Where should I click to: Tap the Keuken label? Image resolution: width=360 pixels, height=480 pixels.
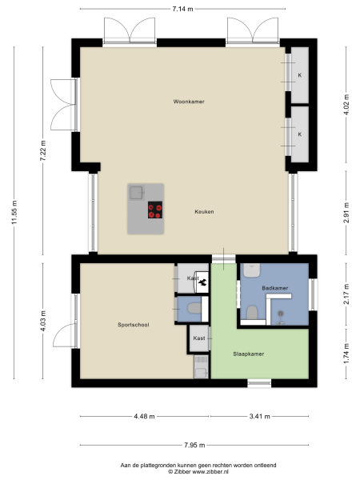pos(203,212)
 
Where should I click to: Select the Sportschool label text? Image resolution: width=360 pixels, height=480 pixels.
pos(133,325)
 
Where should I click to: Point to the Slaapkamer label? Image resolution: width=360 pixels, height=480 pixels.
pos(248,353)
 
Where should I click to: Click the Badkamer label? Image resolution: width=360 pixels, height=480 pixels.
pos(274,286)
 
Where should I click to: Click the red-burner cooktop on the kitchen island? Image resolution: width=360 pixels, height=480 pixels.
pos(155,210)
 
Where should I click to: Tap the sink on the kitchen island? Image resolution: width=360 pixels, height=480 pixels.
pos(137,192)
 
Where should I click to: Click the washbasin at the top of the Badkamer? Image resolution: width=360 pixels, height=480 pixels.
pos(254,270)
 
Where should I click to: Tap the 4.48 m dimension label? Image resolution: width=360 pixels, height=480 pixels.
pos(145,416)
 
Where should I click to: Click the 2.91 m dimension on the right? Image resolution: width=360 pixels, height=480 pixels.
pos(346,213)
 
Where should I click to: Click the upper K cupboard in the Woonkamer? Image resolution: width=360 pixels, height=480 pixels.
pos(300,75)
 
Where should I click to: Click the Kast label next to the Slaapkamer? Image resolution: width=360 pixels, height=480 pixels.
pos(199,338)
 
